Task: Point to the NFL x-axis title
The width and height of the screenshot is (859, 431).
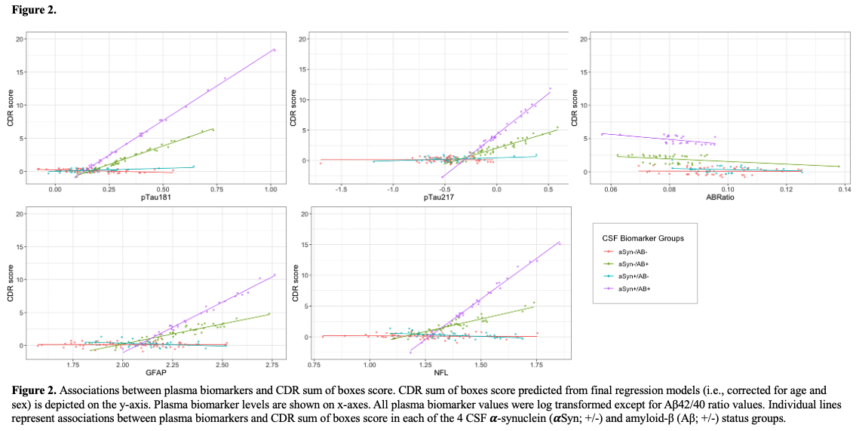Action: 443,372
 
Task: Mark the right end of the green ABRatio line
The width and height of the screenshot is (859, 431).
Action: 839,167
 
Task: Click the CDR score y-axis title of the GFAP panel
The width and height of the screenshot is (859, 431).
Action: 11,287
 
